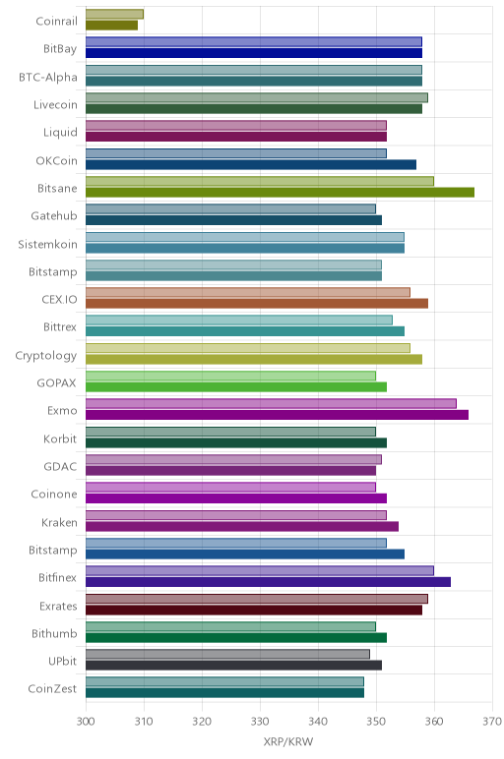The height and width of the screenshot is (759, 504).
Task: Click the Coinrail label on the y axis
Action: coord(56,22)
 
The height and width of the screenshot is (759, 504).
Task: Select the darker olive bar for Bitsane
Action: coord(281,193)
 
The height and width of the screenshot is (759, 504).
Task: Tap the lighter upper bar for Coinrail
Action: coord(114,14)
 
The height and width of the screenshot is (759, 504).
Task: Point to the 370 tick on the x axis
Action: coord(492,722)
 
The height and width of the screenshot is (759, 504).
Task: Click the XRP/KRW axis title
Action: coord(288,741)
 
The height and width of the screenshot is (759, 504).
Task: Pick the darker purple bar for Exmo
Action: coord(278,415)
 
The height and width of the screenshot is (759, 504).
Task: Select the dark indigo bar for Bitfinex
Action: coord(268,582)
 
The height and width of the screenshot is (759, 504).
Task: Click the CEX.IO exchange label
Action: coord(59,300)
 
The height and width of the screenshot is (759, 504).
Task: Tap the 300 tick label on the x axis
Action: coord(86,722)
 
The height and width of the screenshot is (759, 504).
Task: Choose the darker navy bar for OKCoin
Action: coord(251,164)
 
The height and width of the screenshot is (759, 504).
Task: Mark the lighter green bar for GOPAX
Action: coord(230,376)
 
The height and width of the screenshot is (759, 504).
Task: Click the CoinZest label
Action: coord(52,689)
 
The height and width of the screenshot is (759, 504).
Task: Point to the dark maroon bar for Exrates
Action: coord(254,610)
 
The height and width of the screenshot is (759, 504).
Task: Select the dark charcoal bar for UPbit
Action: coord(233,665)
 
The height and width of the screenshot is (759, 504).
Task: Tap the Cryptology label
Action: coord(46,356)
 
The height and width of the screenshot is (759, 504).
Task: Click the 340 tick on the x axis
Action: coord(318,722)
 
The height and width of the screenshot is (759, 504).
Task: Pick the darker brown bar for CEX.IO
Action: coord(257,304)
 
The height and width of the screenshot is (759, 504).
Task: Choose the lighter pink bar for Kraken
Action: coord(236,515)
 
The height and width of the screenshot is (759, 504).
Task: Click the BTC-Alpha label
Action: coord(48,78)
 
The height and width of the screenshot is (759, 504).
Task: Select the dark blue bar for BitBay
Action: coord(254,53)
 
